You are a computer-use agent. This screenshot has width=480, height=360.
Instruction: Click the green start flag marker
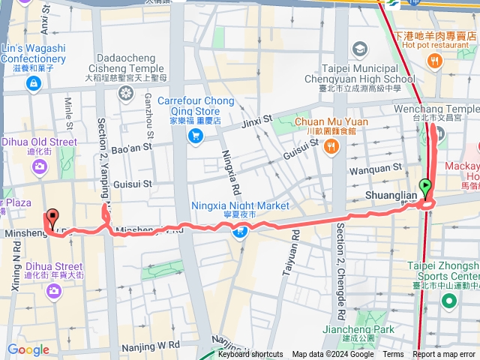click(426, 187)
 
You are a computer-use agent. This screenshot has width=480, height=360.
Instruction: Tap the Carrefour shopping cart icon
click(196, 136)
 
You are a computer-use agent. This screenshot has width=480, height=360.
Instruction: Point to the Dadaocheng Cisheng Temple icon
click(126, 93)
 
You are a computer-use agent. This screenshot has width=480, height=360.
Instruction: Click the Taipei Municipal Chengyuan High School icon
click(361, 49)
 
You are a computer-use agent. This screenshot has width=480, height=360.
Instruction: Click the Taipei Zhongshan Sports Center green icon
click(449, 302)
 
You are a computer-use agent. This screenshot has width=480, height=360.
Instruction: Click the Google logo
click(28, 349)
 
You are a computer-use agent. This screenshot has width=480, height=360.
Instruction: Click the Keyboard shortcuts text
click(251, 355)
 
